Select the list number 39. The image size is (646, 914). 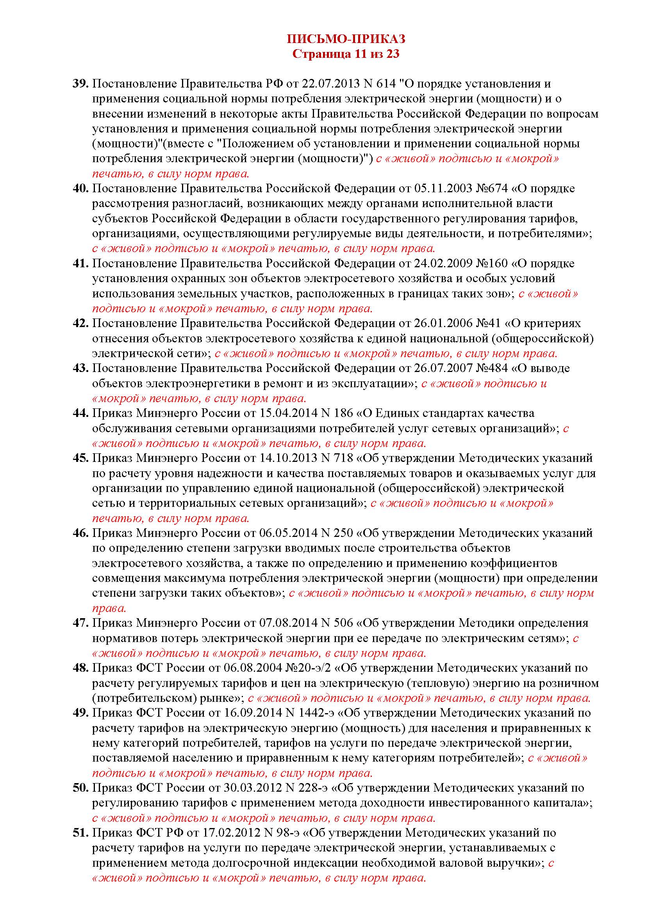(x=80, y=84)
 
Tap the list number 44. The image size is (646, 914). (x=80, y=413)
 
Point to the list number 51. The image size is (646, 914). (x=80, y=847)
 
